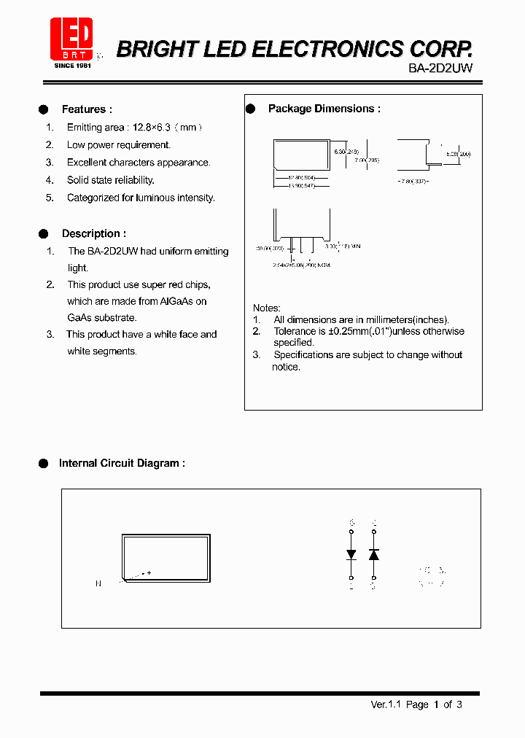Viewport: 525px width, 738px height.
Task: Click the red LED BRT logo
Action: [71, 39]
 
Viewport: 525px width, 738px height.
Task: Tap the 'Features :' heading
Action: [87, 109]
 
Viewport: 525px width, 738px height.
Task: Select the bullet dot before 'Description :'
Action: [44, 234]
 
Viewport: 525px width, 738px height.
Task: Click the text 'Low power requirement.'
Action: [119, 145]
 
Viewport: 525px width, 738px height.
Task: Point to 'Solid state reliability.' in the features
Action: [111, 180]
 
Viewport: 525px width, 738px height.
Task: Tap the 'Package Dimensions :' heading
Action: [324, 109]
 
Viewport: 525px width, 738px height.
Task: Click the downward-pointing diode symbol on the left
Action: [351, 554]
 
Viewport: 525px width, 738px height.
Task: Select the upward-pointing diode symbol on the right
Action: [374, 554]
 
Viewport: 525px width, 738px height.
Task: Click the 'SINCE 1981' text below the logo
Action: [71, 65]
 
